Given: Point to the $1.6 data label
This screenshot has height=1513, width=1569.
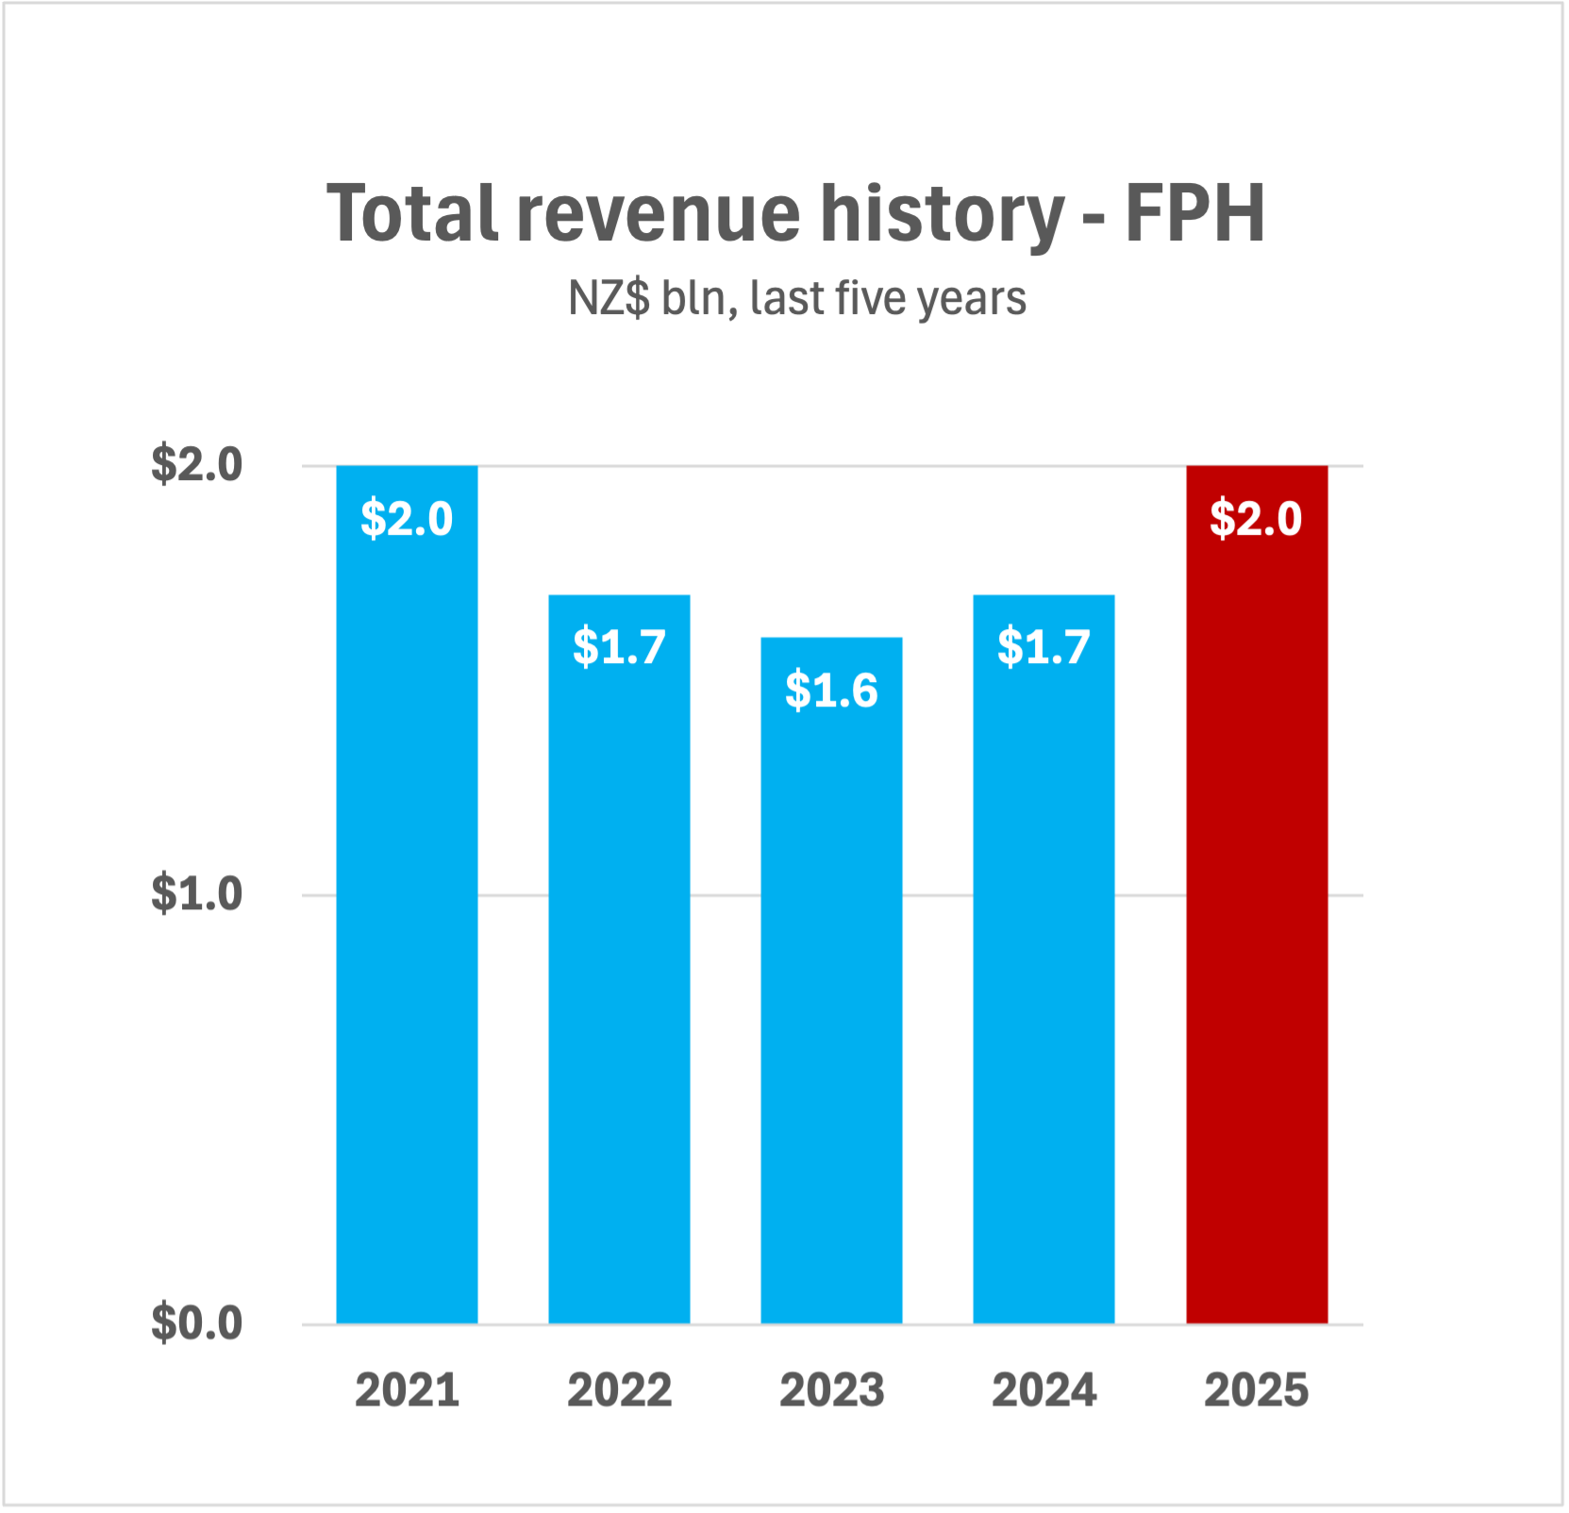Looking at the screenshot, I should (831, 690).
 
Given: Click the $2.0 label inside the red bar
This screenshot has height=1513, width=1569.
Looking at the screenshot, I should (1256, 519).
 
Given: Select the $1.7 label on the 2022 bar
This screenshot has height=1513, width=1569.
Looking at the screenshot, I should (619, 647).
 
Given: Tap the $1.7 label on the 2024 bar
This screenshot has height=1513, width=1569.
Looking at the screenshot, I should (1043, 647).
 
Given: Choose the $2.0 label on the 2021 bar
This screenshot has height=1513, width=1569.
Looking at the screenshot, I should (407, 519).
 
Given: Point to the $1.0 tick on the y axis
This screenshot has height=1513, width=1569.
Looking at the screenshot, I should (196, 893).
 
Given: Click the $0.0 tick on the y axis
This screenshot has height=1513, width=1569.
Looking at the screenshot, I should (196, 1322).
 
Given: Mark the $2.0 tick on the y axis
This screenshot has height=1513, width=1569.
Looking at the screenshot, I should (196, 464).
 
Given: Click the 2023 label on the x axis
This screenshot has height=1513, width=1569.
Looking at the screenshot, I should (831, 1390).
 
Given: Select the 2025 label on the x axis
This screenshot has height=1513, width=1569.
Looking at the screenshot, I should (1256, 1390).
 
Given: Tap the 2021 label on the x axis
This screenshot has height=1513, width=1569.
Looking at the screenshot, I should (407, 1390).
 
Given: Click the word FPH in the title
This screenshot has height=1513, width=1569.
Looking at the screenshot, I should (1194, 214).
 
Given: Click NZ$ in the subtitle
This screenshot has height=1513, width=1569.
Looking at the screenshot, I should (609, 299).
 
